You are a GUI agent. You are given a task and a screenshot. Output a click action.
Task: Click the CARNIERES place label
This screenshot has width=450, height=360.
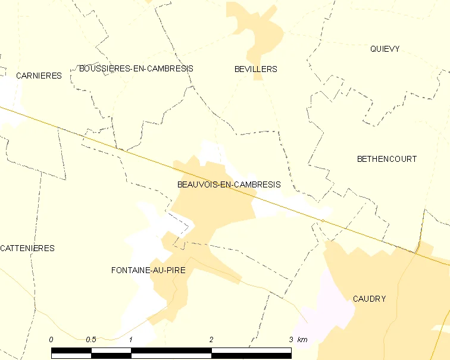coord(39,76)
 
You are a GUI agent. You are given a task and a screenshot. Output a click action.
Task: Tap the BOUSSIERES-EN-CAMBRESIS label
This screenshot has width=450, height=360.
coord(136,68)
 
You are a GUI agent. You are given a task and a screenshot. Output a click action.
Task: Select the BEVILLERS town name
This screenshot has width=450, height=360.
coord(256,69)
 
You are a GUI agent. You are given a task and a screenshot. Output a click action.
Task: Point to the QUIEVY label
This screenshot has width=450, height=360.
coord(385,49)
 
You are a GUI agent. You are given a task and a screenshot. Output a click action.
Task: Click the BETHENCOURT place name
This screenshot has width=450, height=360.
coord(387,159)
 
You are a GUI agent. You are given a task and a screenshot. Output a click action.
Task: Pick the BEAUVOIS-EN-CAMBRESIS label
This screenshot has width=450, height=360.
coord(229,184)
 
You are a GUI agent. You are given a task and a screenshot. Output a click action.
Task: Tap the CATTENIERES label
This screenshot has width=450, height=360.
coord(27,248)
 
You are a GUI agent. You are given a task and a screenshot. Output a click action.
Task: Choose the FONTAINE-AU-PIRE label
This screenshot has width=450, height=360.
coord(148,270)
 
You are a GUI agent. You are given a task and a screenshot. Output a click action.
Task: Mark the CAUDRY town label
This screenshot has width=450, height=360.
coord(369,299)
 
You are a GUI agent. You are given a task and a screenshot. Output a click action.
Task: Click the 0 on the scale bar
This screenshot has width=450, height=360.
coord(51,339)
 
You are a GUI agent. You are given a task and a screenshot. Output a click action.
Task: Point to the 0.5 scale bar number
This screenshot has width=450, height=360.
coord(91,339)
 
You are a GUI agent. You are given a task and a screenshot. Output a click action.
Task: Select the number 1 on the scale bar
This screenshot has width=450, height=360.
coord(131,339)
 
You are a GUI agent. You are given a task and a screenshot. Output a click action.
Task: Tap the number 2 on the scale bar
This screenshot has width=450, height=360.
coord(211,339)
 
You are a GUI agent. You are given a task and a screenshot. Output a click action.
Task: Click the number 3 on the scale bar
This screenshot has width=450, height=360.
coord(291,339)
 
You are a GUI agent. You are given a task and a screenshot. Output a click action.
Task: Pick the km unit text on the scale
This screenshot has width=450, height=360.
coord(302,339)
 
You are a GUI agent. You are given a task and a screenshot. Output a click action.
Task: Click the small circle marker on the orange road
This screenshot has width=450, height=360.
coord(323,221)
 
